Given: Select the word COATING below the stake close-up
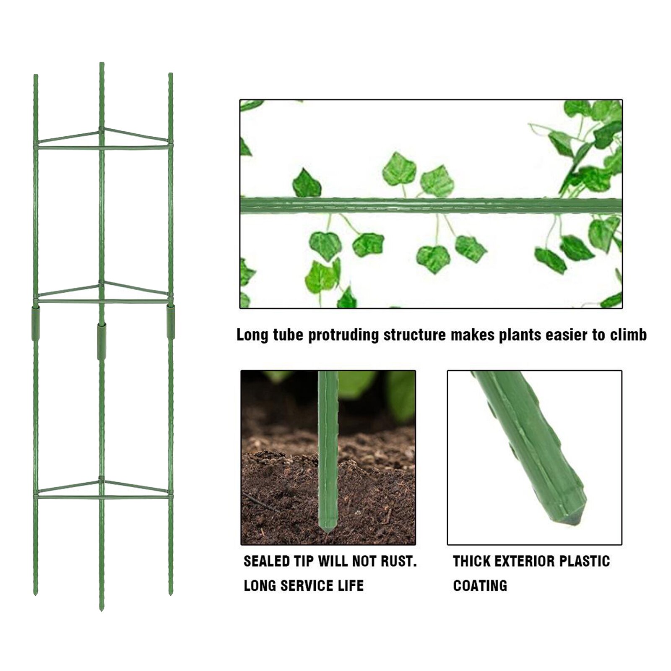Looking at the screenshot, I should pyautogui.click(x=480, y=585).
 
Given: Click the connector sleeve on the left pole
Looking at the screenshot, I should pyautogui.click(x=36, y=323).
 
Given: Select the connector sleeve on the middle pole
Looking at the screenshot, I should pyautogui.click(x=101, y=341).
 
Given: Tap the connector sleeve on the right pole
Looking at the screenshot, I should pyautogui.click(x=171, y=322).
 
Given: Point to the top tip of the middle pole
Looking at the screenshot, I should pyautogui.click(x=101, y=64).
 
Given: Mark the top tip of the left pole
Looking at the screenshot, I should pyautogui.click(x=36, y=76).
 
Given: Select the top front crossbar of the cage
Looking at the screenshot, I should pyautogui.click(x=103, y=148).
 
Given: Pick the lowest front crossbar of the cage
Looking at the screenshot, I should pyautogui.click(x=103, y=497).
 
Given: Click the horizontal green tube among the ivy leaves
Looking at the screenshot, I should pyautogui.click(x=431, y=205).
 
